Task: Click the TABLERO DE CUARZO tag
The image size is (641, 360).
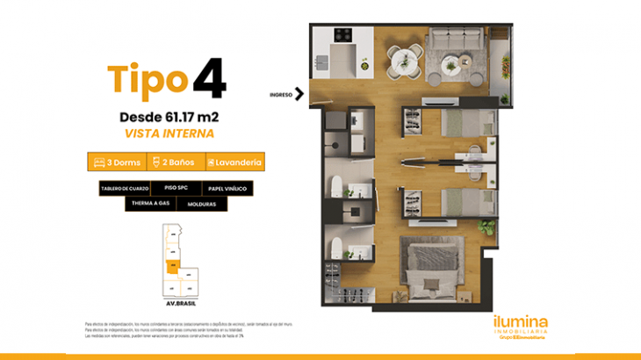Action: coord(125,189)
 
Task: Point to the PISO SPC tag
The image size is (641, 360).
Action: coord(176,188)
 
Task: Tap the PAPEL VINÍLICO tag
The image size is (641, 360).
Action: coord(227,189)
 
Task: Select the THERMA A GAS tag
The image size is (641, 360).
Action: coord(149,204)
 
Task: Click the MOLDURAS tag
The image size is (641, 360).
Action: coord(201,204)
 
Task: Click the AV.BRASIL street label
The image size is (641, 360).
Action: coord(180,302)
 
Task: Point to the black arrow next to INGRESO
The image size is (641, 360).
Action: coord(299,93)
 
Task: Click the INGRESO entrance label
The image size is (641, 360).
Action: coord(280,93)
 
